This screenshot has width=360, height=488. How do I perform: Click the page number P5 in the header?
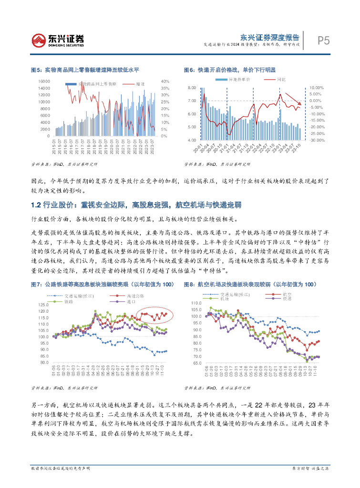(323, 41)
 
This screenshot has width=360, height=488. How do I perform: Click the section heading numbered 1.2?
(136, 205)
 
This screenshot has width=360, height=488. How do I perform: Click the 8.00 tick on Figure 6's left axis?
(192, 88)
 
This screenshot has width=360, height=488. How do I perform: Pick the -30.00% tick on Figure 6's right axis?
(317, 140)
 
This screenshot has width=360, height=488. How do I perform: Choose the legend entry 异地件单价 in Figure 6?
(243, 79)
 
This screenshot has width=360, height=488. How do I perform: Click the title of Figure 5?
(85, 70)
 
